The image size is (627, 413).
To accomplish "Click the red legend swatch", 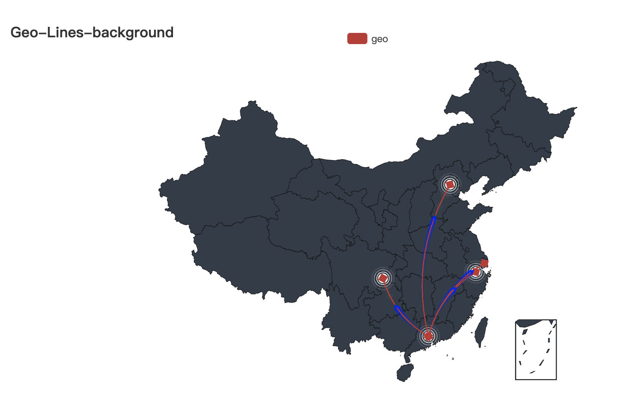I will (357, 38).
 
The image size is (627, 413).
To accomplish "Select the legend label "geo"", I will (379, 39).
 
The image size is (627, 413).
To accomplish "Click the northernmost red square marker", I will (450, 184).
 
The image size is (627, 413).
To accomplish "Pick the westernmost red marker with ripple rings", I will (383, 278).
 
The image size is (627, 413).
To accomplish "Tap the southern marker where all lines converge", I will (429, 336).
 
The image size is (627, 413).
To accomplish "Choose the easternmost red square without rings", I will (484, 263).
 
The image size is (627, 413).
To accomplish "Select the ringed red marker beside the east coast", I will (476, 272).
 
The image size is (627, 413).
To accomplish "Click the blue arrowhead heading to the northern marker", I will (434, 219).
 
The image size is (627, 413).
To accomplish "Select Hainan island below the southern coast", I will (405, 373).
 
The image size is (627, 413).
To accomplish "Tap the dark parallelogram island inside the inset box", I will (525, 332).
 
